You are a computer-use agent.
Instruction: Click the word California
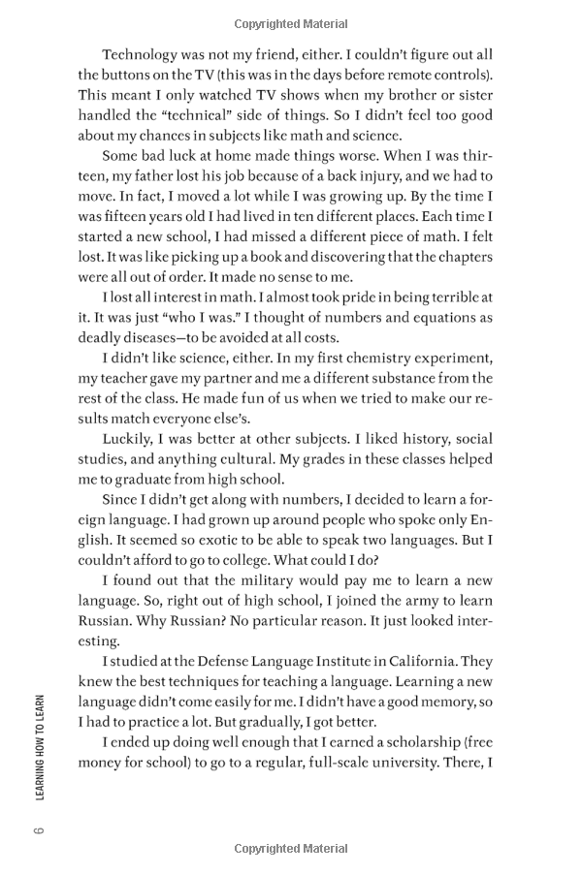(419, 663)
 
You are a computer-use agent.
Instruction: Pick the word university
(393, 765)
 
